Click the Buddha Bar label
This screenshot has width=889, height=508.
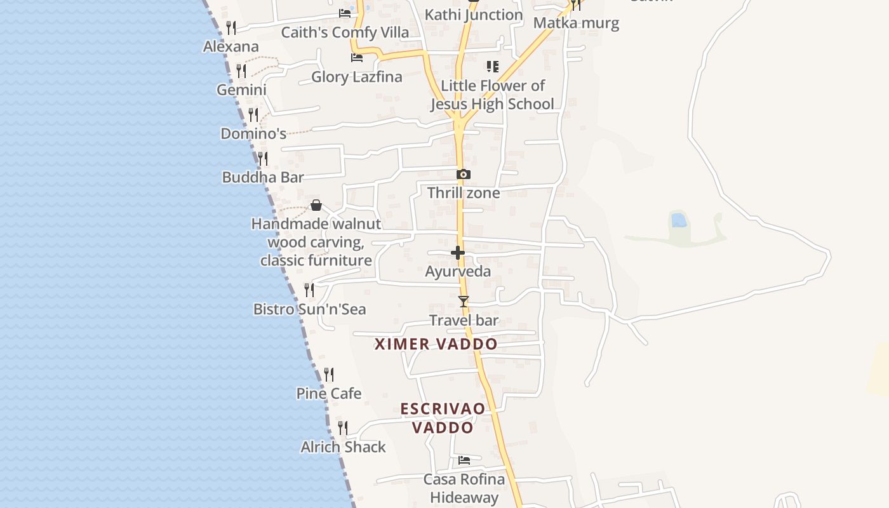click(x=263, y=177)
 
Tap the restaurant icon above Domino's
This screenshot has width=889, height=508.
click(x=253, y=115)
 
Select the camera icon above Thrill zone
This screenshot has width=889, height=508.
click(x=464, y=174)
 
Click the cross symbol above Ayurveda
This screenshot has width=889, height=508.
click(x=458, y=253)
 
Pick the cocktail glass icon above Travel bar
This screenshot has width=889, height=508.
click(x=464, y=301)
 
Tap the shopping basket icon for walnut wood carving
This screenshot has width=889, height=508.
click(x=316, y=205)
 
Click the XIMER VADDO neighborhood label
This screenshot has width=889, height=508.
click(x=436, y=344)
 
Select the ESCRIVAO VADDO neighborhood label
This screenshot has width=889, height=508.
click(x=443, y=418)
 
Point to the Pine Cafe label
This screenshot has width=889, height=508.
click(x=329, y=394)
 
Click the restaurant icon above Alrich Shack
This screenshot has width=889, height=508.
click(x=343, y=428)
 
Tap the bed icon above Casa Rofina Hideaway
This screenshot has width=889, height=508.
click(x=464, y=460)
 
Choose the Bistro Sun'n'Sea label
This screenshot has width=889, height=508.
click(x=309, y=309)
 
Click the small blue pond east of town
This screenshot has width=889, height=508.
click(x=679, y=220)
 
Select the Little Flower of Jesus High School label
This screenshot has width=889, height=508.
click(x=493, y=95)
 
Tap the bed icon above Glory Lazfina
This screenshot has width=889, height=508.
click(x=357, y=58)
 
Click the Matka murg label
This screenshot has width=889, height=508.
click(x=576, y=23)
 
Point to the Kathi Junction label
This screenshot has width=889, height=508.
click(x=474, y=15)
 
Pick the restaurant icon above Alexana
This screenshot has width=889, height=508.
click(x=231, y=28)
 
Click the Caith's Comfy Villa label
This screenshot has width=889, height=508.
click(x=345, y=32)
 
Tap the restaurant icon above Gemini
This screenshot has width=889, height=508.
click(x=241, y=71)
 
